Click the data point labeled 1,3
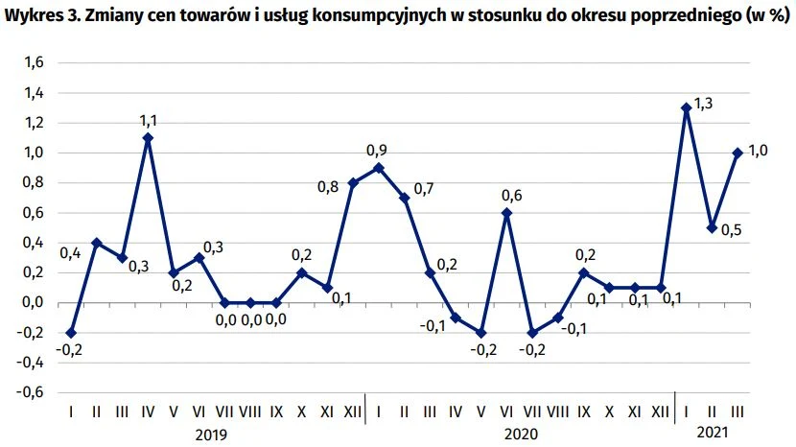[x=687, y=107]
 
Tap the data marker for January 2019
[x=73, y=332]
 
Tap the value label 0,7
[x=423, y=189]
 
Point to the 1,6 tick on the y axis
[x=34, y=63]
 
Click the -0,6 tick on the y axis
[x=31, y=392]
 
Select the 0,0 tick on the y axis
[x=34, y=302]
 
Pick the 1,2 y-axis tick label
[x=34, y=123]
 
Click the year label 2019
[x=212, y=434]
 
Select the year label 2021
[x=711, y=434]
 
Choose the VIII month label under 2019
[x=250, y=412]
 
